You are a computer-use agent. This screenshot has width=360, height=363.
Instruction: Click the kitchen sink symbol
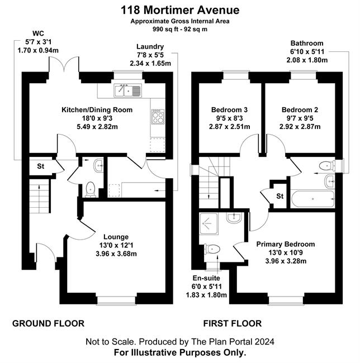point(127,90)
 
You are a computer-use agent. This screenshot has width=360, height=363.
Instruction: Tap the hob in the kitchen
point(158,117)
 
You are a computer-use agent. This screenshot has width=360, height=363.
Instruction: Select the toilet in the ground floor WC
point(91,189)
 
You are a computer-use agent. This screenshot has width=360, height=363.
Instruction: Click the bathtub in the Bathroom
point(312,199)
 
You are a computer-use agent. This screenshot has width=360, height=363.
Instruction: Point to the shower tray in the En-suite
point(209,223)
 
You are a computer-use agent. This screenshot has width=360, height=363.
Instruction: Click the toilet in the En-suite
point(212,249)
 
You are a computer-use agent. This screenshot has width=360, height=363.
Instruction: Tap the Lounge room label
point(116,237)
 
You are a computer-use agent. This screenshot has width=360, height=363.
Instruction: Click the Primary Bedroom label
point(286,244)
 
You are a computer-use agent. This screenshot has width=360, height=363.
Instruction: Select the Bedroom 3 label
point(229,109)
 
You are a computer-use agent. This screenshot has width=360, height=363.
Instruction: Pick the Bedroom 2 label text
point(300,109)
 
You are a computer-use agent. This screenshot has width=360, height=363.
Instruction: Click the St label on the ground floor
point(41,166)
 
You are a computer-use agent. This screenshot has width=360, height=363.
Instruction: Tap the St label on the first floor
point(280,196)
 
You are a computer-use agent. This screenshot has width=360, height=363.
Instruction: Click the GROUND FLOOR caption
point(48,323)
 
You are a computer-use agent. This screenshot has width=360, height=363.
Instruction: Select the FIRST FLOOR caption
point(233,323)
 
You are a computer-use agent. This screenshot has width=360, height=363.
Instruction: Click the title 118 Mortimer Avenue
point(180,10)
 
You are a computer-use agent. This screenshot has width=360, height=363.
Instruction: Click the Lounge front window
point(116,300)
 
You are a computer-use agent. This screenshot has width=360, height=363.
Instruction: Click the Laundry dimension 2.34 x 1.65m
point(150,63)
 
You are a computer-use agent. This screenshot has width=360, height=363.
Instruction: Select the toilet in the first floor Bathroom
point(327,166)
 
